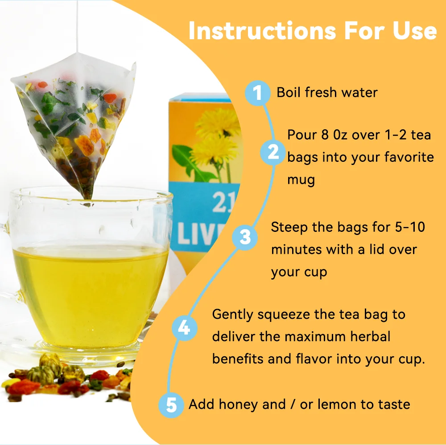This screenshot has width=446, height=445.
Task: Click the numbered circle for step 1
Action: click(x=257, y=93)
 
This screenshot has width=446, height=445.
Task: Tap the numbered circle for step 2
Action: click(x=273, y=152)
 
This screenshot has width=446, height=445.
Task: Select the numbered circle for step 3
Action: click(x=245, y=237)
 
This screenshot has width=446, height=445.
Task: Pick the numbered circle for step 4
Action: click(x=184, y=329)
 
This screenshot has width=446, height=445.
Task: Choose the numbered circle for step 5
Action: click(x=171, y=405)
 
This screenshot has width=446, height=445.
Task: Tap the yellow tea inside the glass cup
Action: click(x=89, y=290)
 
